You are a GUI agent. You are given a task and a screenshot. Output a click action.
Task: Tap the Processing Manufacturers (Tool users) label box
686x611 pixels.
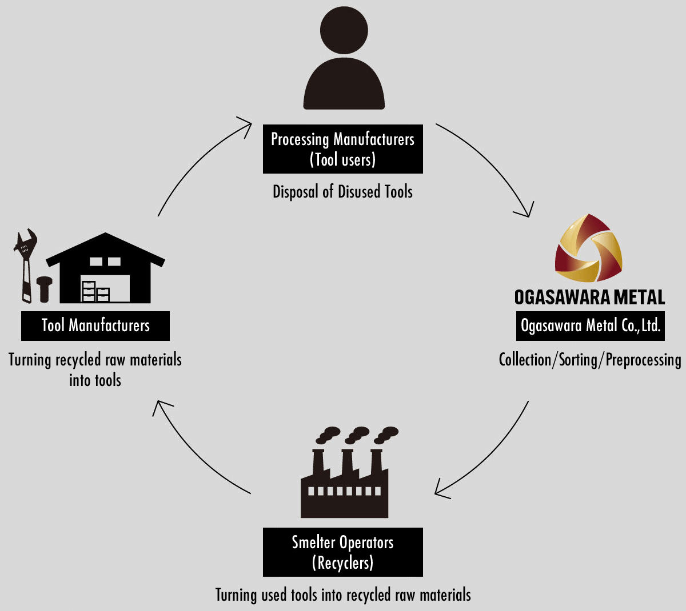(343, 149)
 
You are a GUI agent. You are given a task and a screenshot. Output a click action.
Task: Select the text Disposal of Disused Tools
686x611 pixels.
(342, 192)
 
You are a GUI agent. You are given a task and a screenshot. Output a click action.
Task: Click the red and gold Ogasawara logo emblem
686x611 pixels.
(589, 248)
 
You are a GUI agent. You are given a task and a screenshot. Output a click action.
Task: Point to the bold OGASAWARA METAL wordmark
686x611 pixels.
(589, 297)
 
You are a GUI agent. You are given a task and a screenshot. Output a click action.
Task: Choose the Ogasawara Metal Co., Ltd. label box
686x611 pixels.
(590, 326)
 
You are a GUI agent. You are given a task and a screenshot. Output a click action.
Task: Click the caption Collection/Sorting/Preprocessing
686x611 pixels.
(589, 360)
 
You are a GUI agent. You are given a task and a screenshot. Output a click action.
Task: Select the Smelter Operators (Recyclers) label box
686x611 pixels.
(343, 552)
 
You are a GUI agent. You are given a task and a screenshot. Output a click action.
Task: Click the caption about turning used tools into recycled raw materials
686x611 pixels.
(343, 595)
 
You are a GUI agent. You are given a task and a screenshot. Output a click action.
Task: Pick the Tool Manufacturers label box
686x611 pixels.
(95, 326)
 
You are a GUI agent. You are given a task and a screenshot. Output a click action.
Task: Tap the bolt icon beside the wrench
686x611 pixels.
(44, 288)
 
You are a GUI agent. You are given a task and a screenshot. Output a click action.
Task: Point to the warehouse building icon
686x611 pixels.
(106, 268)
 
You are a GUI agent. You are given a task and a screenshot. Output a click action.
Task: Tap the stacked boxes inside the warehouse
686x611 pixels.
(95, 292)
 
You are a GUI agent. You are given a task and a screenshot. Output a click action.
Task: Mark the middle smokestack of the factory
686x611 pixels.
(347, 460)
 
